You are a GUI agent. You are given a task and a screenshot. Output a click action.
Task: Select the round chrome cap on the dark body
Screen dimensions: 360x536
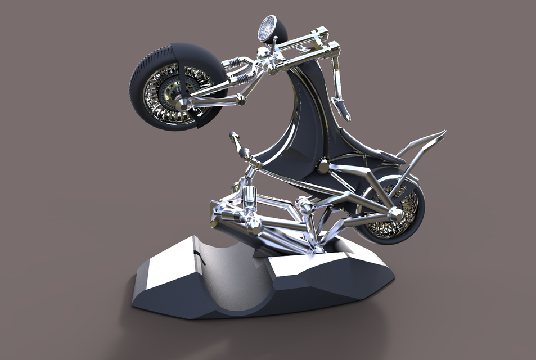[x=323, y=166]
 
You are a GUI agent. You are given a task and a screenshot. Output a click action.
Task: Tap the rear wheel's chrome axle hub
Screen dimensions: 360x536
[x=396, y=215]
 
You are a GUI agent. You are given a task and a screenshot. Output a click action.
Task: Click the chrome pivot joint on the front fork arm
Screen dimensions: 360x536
[x=241, y=100]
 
